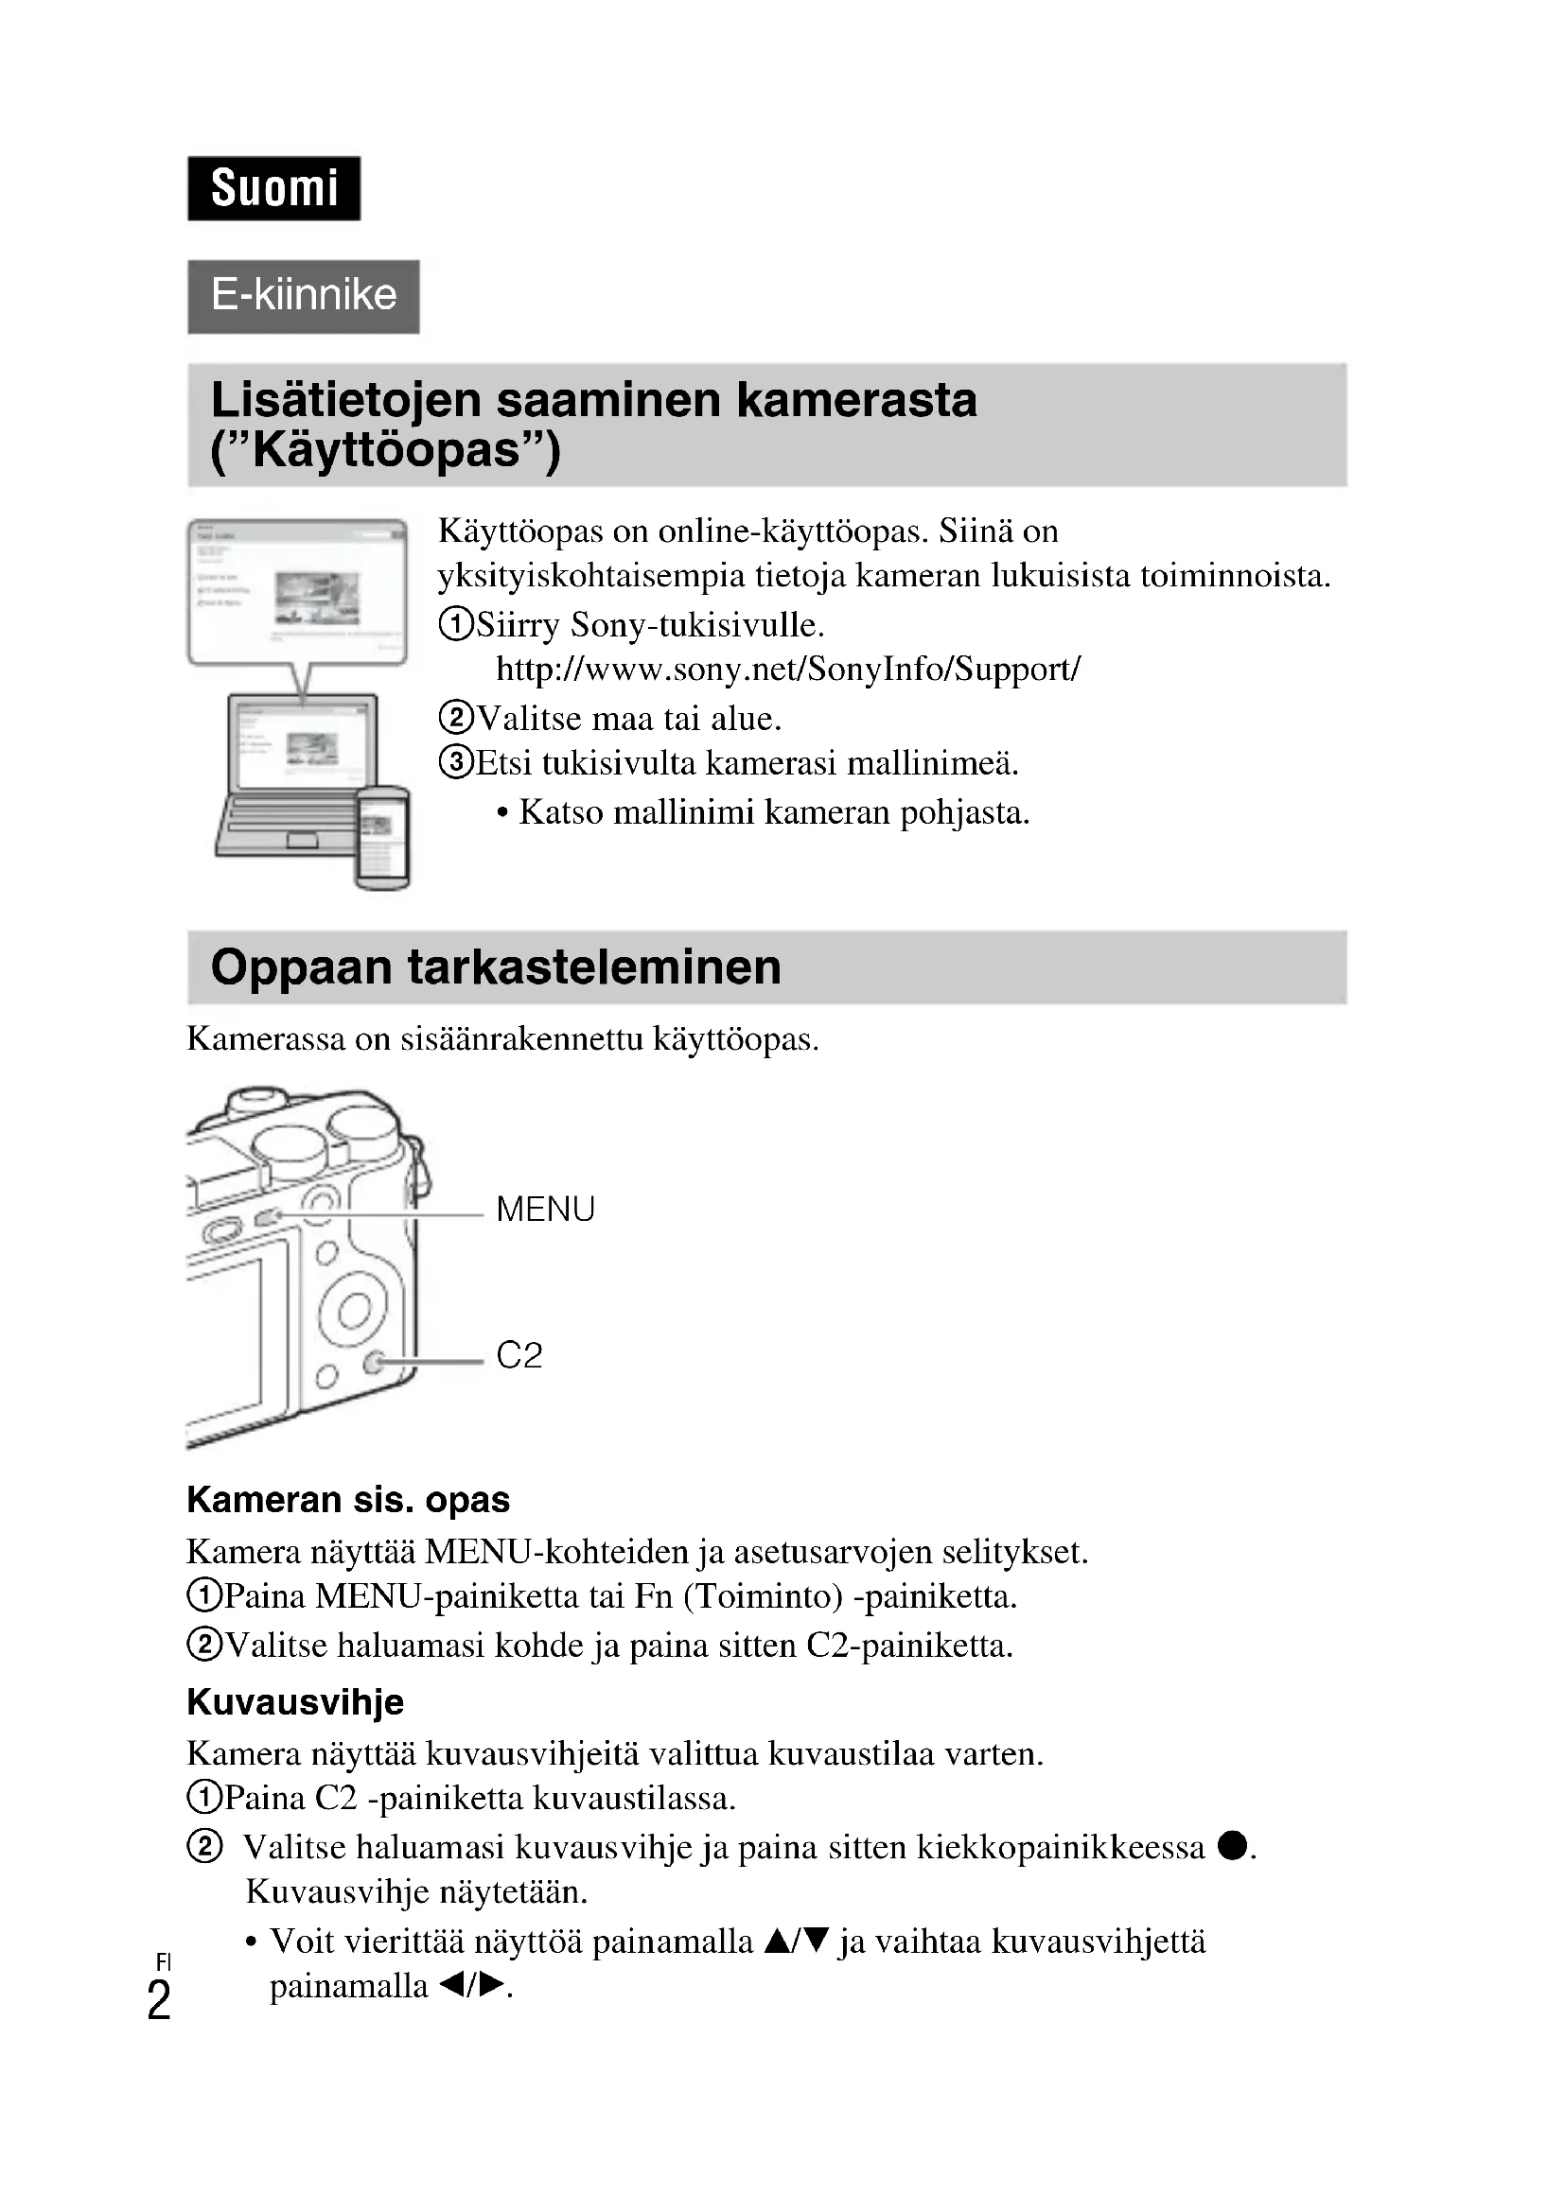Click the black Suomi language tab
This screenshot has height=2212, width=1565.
click(273, 189)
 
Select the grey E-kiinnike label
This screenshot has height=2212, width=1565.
click(304, 296)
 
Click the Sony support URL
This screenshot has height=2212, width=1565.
click(787, 669)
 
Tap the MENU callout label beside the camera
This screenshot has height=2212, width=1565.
click(544, 1210)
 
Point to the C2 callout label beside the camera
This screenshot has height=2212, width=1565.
click(519, 1355)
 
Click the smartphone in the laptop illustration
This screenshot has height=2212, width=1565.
click(382, 835)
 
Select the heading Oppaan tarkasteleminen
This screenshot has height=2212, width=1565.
click(495, 967)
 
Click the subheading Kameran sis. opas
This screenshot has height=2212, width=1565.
click(348, 1500)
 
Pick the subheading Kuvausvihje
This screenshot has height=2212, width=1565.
click(295, 1702)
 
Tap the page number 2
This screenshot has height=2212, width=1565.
click(159, 2001)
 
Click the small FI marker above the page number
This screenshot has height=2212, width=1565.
click(163, 1961)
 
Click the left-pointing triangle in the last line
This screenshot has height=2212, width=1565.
click(449, 1987)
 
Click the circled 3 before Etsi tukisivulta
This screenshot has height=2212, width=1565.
click(456, 763)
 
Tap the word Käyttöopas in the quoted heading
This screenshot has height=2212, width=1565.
click(385, 450)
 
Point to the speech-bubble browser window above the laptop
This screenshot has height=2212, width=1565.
click(298, 590)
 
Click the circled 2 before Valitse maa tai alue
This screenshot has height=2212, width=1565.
click(456, 718)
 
